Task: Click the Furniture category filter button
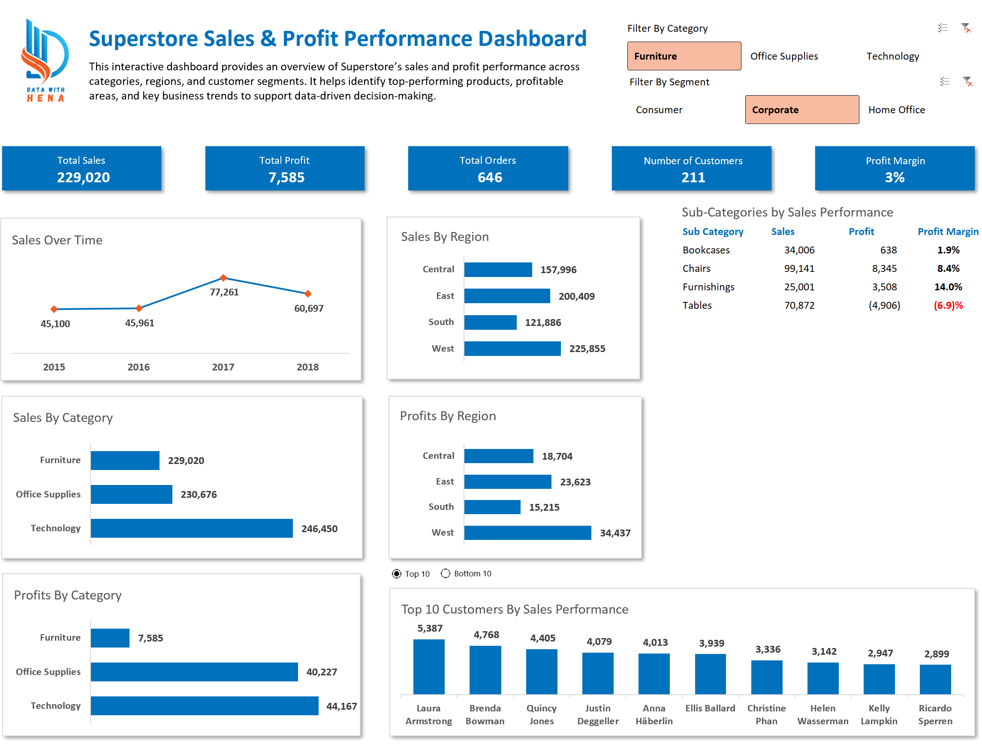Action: click(x=684, y=56)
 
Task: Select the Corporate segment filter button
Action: click(x=802, y=110)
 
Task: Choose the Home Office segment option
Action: click(x=896, y=110)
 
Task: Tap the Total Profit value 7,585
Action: click(x=286, y=178)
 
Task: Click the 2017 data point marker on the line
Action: click(x=223, y=278)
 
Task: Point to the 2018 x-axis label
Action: click(x=307, y=367)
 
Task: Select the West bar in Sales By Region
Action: click(x=512, y=349)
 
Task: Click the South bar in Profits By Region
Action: click(x=492, y=507)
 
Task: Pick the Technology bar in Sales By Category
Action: click(x=191, y=528)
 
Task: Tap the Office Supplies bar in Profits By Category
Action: click(x=194, y=672)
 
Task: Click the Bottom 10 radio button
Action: click(x=445, y=573)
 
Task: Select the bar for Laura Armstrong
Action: click(x=429, y=667)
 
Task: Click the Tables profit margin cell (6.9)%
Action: click(x=948, y=305)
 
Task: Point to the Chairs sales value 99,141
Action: click(x=799, y=268)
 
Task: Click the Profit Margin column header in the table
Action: click(x=947, y=232)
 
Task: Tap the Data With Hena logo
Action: click(x=45, y=60)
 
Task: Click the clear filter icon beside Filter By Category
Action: click(x=966, y=28)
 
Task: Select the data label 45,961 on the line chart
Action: click(x=139, y=323)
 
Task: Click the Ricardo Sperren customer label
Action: click(x=935, y=715)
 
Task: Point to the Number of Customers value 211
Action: click(x=693, y=178)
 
